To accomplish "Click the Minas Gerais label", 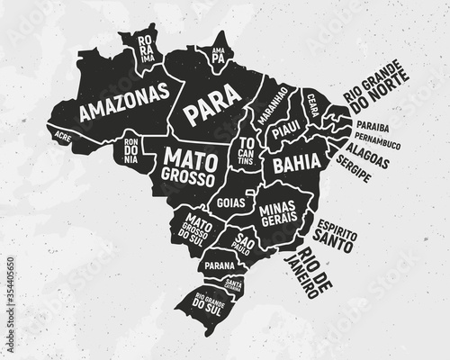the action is click(x=278, y=214).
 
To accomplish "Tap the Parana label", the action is click(x=219, y=266).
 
